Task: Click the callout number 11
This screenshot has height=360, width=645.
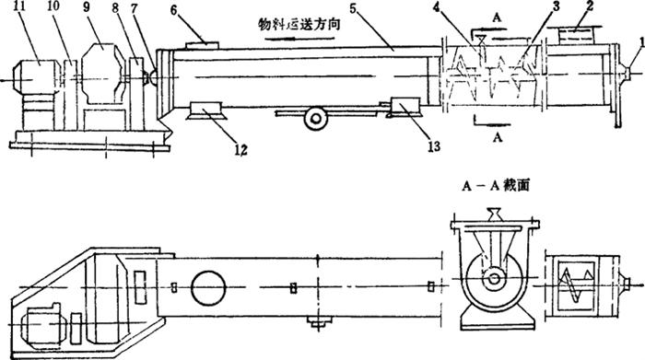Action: coord(18,7)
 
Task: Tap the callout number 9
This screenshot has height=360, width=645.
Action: coord(87,7)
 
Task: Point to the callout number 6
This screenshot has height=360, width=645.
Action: coord(173,10)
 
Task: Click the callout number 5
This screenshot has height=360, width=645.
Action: coord(354,8)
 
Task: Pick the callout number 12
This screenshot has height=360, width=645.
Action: coord(241,150)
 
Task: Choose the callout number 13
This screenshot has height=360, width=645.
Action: coord(434,145)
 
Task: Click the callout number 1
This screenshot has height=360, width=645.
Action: coord(641,43)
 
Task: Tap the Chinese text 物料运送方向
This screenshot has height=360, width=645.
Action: coord(299,24)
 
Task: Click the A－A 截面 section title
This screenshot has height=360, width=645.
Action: coord(496,186)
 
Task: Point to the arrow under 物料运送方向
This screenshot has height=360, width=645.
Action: coord(299,39)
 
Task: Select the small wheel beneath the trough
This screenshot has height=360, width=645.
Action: coord(316,119)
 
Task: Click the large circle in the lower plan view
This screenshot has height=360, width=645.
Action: coord(208,288)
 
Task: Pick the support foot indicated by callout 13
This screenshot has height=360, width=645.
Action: coord(405,107)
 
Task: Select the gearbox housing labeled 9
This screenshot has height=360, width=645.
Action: coord(102,74)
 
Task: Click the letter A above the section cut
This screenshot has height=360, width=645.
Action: coord(498,19)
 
